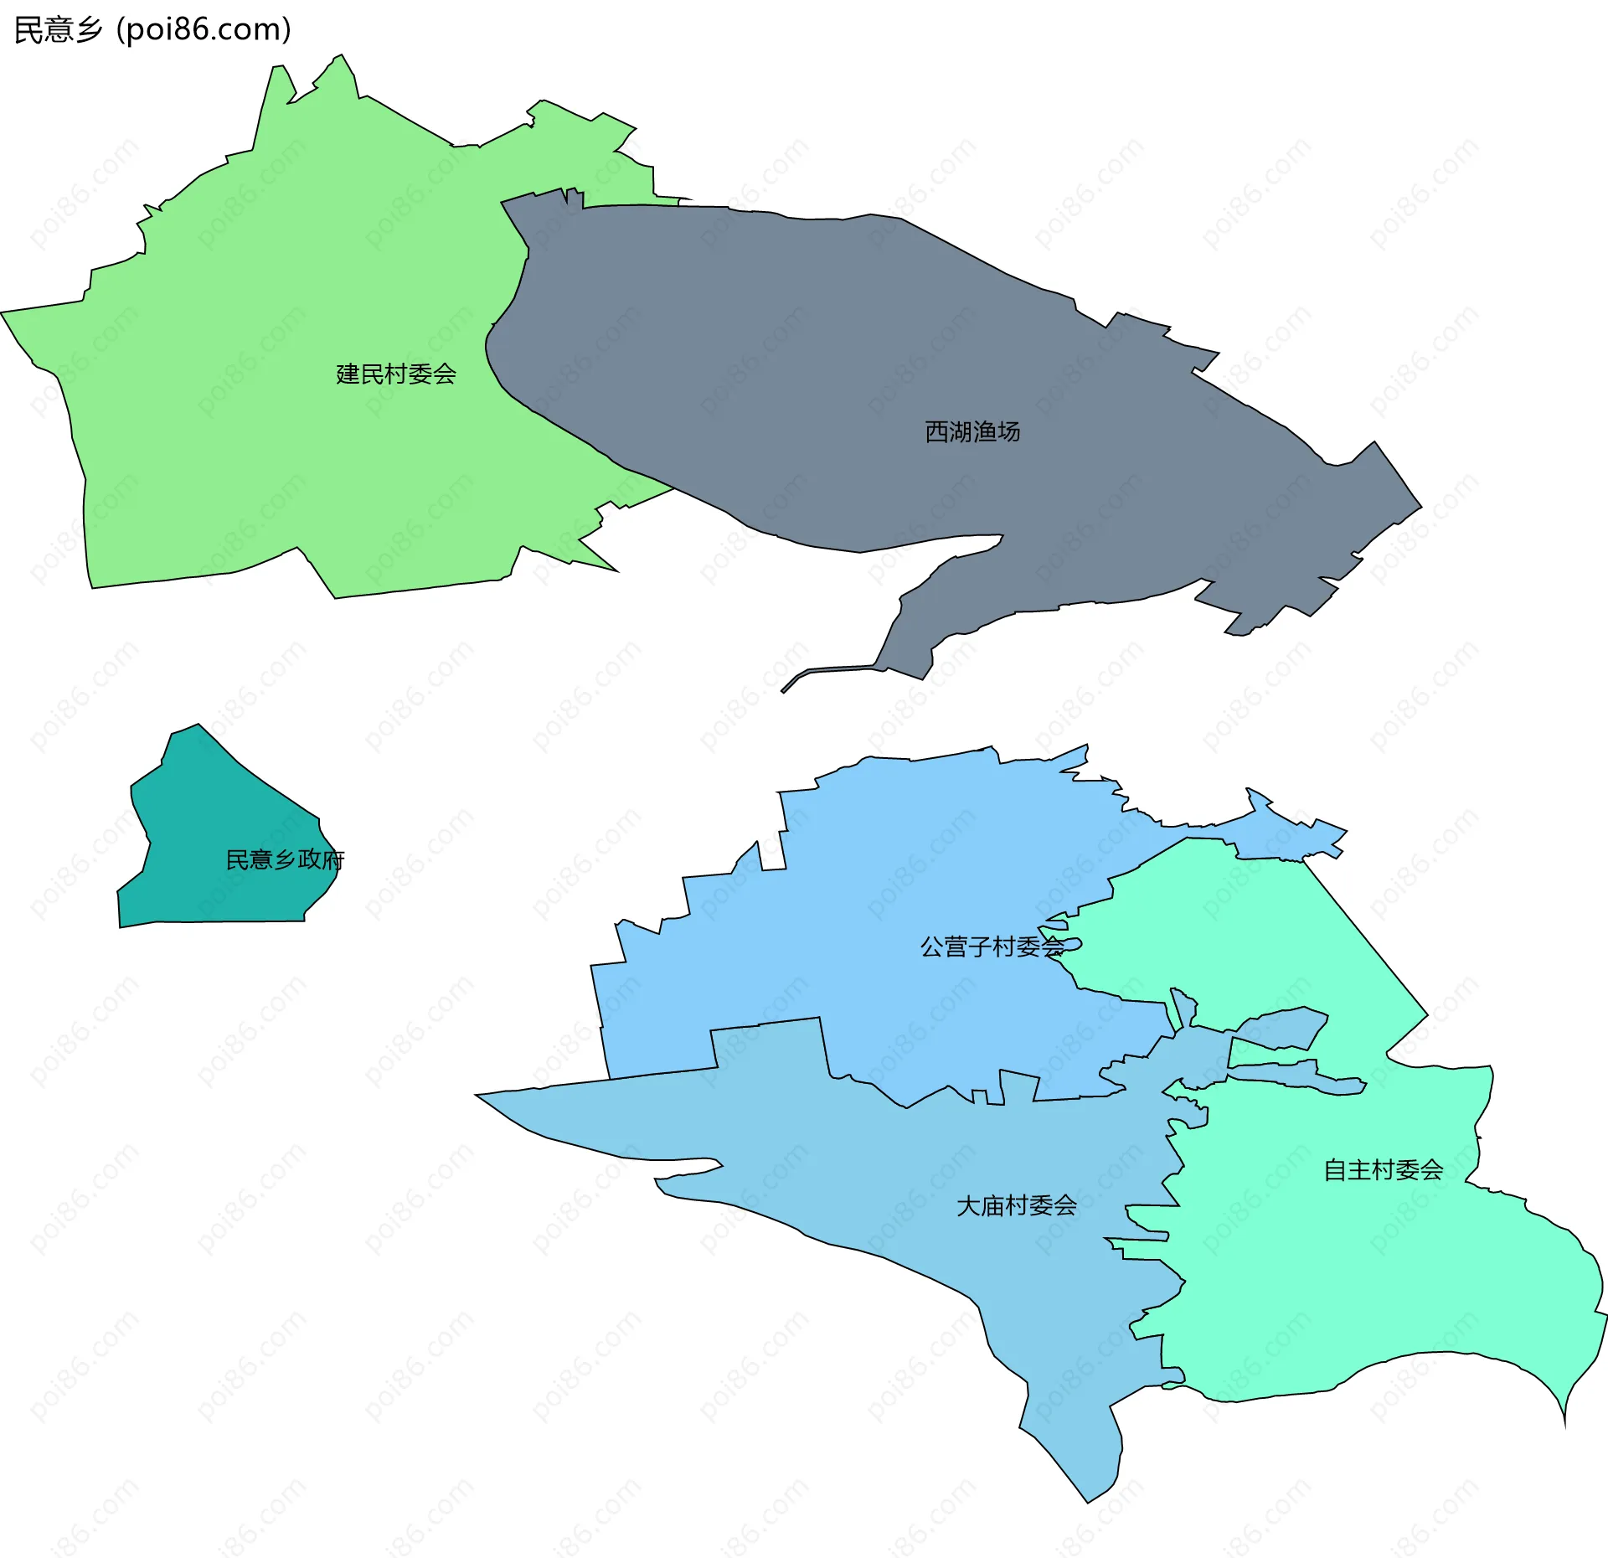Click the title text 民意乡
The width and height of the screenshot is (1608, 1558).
(x=58, y=30)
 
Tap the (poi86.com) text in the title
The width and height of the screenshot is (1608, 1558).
(x=204, y=30)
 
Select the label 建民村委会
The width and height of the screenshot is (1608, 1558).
(x=395, y=374)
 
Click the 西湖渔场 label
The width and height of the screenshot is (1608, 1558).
(x=972, y=431)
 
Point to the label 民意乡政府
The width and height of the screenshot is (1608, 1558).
(x=285, y=859)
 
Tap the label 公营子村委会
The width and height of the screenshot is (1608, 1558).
(x=992, y=947)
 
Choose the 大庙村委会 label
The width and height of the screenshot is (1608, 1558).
(x=1016, y=1205)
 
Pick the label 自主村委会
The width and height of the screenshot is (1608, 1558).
(x=1383, y=1169)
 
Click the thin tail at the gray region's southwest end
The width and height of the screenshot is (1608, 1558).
(x=796, y=679)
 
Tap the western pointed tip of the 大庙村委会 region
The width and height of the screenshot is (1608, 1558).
(x=477, y=1095)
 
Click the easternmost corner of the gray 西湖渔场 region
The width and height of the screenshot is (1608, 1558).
(x=1420, y=507)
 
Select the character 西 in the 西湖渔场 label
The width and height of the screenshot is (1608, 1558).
(x=936, y=431)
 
